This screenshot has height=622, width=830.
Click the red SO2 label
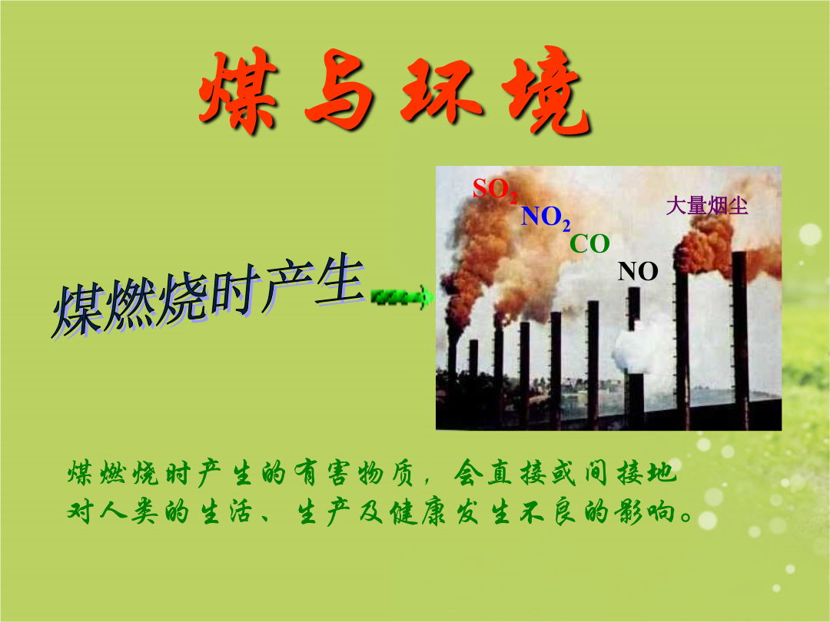[x=495, y=190]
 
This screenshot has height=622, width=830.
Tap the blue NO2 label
[x=546, y=217]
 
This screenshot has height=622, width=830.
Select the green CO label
[x=589, y=244]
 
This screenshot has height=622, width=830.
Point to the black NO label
[x=638, y=271]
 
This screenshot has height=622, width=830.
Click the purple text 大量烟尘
[x=707, y=206]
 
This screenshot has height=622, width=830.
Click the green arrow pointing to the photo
[x=402, y=297]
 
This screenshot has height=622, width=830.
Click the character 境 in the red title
[x=549, y=90]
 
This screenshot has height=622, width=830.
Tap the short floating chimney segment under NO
[x=633, y=309]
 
